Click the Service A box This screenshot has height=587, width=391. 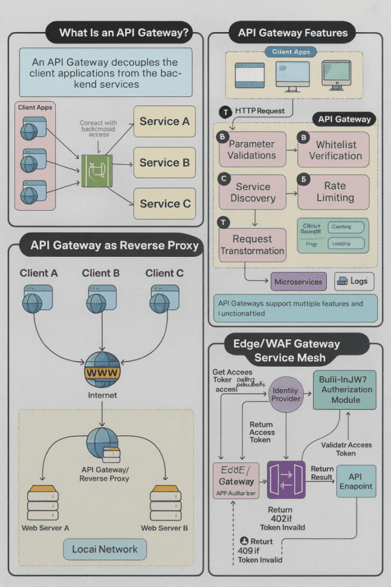pyautogui.click(x=164, y=122)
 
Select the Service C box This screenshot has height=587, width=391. pyautogui.click(x=164, y=204)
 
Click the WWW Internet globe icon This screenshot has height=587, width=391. pyautogui.click(x=102, y=371)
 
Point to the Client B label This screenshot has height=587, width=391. pyautogui.click(x=101, y=273)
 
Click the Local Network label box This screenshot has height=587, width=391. pyautogui.click(x=105, y=549)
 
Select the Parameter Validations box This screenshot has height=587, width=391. pyautogui.click(x=252, y=150)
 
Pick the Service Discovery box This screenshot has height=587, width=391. pyautogui.click(x=252, y=192)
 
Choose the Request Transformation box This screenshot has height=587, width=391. pyautogui.click(x=252, y=245)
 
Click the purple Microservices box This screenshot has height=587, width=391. pyautogui.click(x=298, y=281)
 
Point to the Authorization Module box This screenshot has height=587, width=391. pyautogui.click(x=344, y=390)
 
